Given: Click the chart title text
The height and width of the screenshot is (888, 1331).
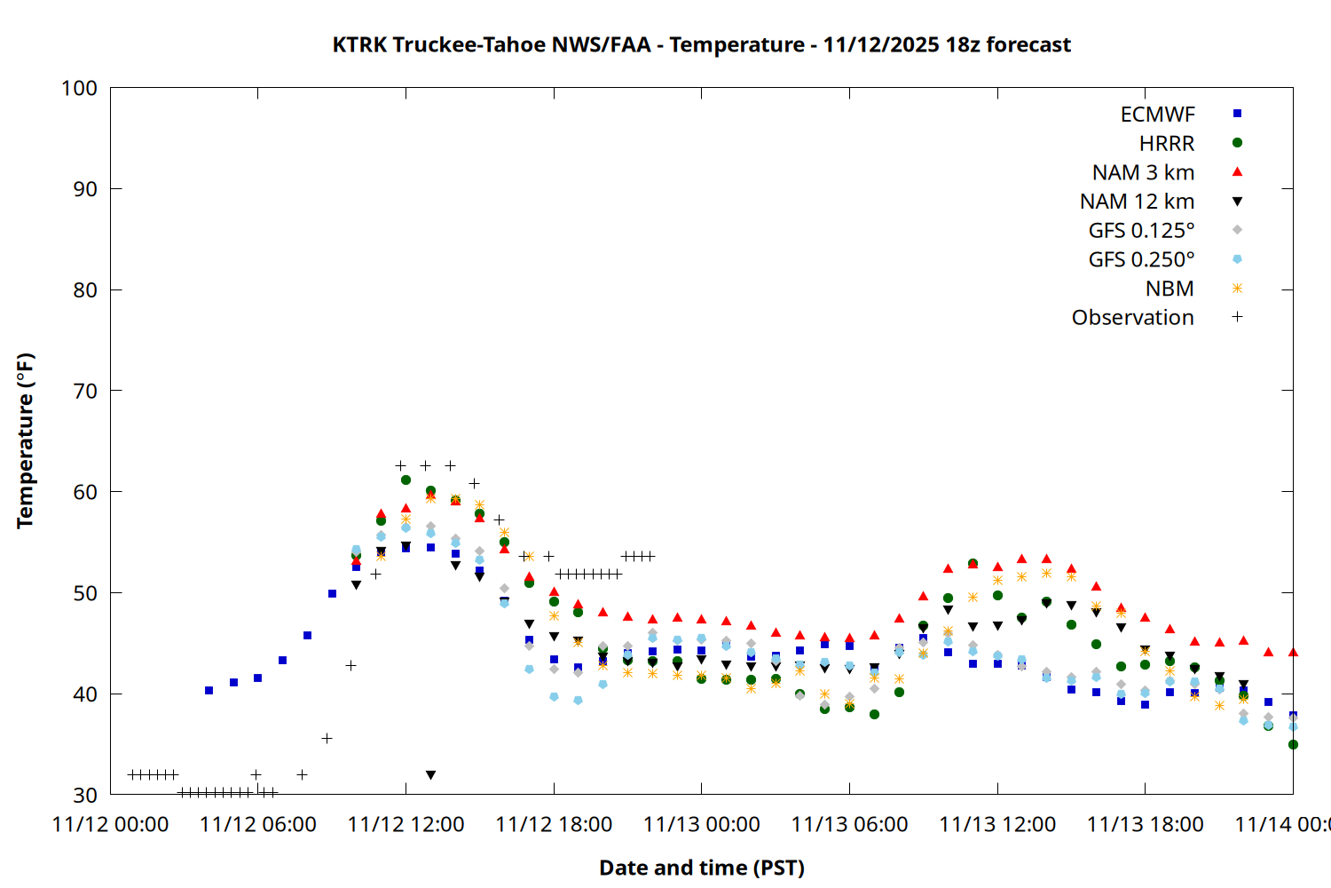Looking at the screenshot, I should tap(701, 44).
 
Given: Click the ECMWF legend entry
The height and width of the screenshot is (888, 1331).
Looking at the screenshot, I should tap(1157, 115).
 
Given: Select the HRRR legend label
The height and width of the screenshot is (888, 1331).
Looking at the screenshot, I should tap(1167, 144).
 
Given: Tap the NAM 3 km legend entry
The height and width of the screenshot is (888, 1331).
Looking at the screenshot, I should tap(1143, 172).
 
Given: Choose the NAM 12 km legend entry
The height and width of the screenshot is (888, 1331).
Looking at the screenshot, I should tap(1137, 202).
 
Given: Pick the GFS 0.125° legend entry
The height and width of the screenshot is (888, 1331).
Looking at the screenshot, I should tap(1141, 231).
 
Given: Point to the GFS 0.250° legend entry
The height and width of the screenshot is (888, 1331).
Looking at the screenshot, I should tap(1141, 259).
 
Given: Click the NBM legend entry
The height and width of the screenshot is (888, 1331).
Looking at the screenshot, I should tap(1170, 289).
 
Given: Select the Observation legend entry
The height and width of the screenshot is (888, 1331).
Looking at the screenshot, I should tap(1132, 318).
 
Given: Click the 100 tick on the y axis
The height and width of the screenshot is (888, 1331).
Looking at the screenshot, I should tap(79, 88).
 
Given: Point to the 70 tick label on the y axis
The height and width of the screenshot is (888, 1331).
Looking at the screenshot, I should tap(85, 391).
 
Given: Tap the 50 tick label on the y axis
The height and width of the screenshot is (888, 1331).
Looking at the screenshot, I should tap(85, 592).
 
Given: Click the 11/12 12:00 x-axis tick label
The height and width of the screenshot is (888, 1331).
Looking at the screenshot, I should tap(406, 824).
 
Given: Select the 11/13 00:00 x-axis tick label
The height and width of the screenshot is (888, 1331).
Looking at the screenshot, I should tap(701, 824).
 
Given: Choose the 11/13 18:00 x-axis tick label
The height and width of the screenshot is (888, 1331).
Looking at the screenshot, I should tap(1145, 824).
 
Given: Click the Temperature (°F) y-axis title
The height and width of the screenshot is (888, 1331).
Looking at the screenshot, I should tap(25, 440).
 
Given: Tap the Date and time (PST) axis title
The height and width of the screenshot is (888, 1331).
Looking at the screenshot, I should tap(701, 868).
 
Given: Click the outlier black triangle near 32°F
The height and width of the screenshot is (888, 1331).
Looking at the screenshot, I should tap(430, 775).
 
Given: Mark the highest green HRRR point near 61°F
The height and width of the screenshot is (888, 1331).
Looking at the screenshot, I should tap(406, 480).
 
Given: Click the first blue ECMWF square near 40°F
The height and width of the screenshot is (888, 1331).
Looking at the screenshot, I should tap(209, 690).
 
